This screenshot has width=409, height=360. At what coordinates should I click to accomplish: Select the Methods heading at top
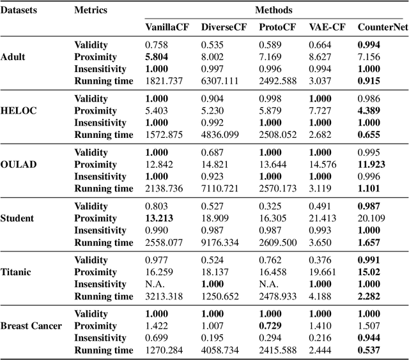273,10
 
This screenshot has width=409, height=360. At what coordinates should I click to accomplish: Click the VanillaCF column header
166,27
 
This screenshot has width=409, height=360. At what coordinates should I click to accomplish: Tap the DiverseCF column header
222,27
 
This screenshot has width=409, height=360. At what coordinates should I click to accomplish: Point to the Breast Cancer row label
31,326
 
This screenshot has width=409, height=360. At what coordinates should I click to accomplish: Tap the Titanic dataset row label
16,272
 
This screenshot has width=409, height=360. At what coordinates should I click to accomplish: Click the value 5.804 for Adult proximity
157,57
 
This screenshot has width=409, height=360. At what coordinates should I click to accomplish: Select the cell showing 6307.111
219,81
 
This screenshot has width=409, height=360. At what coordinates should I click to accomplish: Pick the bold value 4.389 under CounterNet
369,111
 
